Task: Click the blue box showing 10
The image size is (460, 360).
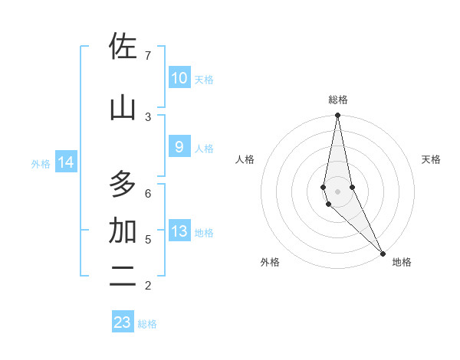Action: click(x=179, y=78)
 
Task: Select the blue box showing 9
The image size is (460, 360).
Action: click(x=179, y=147)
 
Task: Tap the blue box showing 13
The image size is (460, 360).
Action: click(x=179, y=231)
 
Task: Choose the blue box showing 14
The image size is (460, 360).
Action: click(x=66, y=162)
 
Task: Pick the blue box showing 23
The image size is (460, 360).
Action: click(x=123, y=322)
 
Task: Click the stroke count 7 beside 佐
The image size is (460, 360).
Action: click(x=148, y=55)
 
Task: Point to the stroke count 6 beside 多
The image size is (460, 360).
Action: click(x=148, y=193)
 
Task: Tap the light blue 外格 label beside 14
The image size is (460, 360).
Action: click(x=41, y=163)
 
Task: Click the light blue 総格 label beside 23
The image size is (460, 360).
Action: click(x=147, y=324)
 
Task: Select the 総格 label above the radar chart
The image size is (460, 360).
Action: click(x=337, y=100)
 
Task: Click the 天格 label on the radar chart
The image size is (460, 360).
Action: click(x=431, y=159)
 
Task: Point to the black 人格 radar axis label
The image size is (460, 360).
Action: click(x=245, y=159)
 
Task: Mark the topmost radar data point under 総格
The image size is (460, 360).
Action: click(x=337, y=116)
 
